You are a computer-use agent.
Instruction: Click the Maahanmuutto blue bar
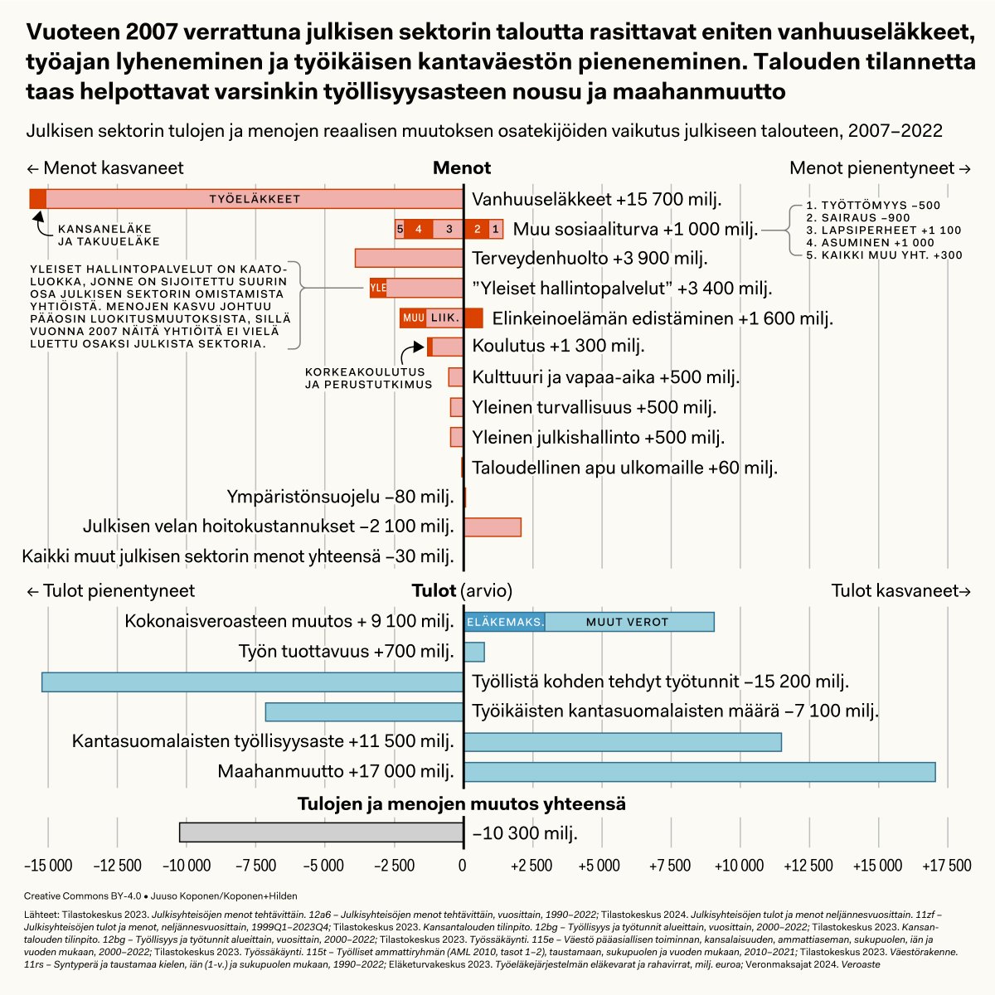pyautogui.click(x=699, y=772)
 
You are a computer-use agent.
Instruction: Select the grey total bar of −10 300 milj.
pyautogui.click(x=321, y=832)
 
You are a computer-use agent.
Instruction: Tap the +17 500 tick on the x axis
pyautogui.click(x=946, y=866)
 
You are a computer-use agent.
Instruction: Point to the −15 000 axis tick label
pyautogui.click(x=48, y=866)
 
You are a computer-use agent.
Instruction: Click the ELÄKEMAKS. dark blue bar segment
pyautogui.click(x=504, y=621)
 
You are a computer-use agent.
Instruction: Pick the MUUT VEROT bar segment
pyautogui.click(x=629, y=621)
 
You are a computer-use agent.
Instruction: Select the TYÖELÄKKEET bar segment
pyautogui.click(x=254, y=199)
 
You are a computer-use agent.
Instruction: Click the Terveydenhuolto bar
pyautogui.click(x=409, y=258)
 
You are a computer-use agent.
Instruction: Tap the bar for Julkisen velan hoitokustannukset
pyautogui.click(x=493, y=527)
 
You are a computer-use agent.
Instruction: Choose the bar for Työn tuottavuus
pyautogui.click(x=474, y=652)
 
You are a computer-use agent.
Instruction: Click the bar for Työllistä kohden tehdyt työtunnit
pyautogui.click(x=252, y=682)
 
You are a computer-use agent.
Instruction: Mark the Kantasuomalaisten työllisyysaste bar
pyautogui.click(x=623, y=741)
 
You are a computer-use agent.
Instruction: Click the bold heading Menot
pyautogui.click(x=462, y=168)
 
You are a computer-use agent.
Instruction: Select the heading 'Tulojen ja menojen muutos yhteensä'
pyautogui.click(x=462, y=803)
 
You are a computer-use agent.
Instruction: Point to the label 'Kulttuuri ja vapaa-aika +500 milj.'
pyautogui.click(x=605, y=378)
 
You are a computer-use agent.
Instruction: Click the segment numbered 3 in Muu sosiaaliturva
pyautogui.click(x=449, y=229)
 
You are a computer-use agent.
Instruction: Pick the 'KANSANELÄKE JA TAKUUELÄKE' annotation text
pyautogui.click(x=109, y=235)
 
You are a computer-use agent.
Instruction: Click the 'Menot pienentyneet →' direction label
pyautogui.click(x=880, y=168)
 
